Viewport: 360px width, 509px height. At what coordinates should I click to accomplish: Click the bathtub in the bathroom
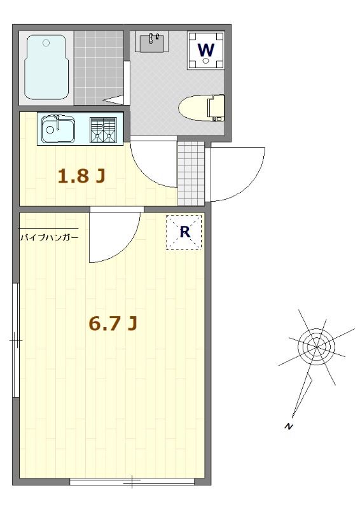[46, 66]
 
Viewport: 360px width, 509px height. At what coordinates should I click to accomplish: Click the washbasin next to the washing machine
[151, 43]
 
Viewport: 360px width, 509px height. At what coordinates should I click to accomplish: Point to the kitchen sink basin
[58, 130]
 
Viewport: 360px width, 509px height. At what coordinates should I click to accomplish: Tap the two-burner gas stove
[104, 130]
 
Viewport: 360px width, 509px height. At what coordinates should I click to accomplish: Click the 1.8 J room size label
[81, 176]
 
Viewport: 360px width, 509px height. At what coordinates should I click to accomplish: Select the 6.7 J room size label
[113, 324]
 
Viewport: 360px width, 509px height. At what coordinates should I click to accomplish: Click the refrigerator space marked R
[184, 232]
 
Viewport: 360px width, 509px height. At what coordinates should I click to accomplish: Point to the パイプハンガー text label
[49, 238]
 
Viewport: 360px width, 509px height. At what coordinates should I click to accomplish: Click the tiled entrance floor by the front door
[191, 172]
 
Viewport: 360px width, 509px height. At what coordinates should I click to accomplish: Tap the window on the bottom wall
[132, 482]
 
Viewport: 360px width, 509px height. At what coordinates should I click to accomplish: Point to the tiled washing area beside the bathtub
[99, 66]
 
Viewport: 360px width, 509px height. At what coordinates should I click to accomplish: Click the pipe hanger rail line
[49, 229]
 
